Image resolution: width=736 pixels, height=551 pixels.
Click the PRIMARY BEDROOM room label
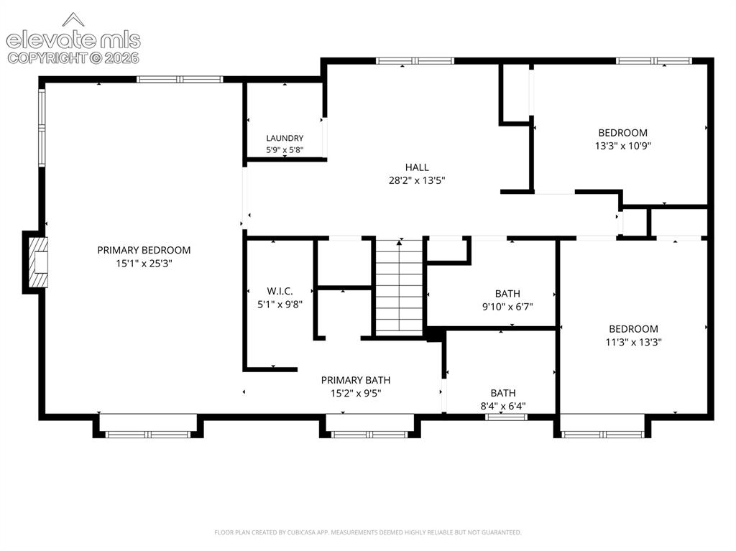[144, 250]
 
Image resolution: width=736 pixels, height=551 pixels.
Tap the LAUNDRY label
[285, 138]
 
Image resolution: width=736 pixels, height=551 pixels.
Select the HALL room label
[417, 167]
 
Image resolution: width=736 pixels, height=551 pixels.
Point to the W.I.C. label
[280, 291]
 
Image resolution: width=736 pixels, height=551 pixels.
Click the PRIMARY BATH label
[355, 380]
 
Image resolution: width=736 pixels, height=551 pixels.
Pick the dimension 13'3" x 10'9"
[623, 146]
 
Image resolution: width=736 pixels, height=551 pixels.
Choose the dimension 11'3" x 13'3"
[633, 342]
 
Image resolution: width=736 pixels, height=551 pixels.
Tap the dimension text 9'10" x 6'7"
[507, 307]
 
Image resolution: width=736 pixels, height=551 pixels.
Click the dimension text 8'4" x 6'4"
[502, 406]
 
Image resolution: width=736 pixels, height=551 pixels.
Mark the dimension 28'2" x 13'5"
[417, 180]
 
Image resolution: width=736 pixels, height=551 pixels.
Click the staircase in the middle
[400, 287]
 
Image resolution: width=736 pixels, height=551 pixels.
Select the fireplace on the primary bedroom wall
[38, 262]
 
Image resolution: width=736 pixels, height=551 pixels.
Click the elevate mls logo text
[73, 40]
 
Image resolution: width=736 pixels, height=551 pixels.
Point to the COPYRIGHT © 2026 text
[73, 58]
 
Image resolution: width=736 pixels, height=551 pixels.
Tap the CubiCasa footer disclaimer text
[367, 532]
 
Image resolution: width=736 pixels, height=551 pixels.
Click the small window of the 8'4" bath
[506, 417]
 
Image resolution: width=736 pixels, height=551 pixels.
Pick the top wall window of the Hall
[415, 60]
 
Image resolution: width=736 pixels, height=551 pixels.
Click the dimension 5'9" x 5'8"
[285, 150]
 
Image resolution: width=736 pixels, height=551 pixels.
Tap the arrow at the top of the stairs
[400, 242]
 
